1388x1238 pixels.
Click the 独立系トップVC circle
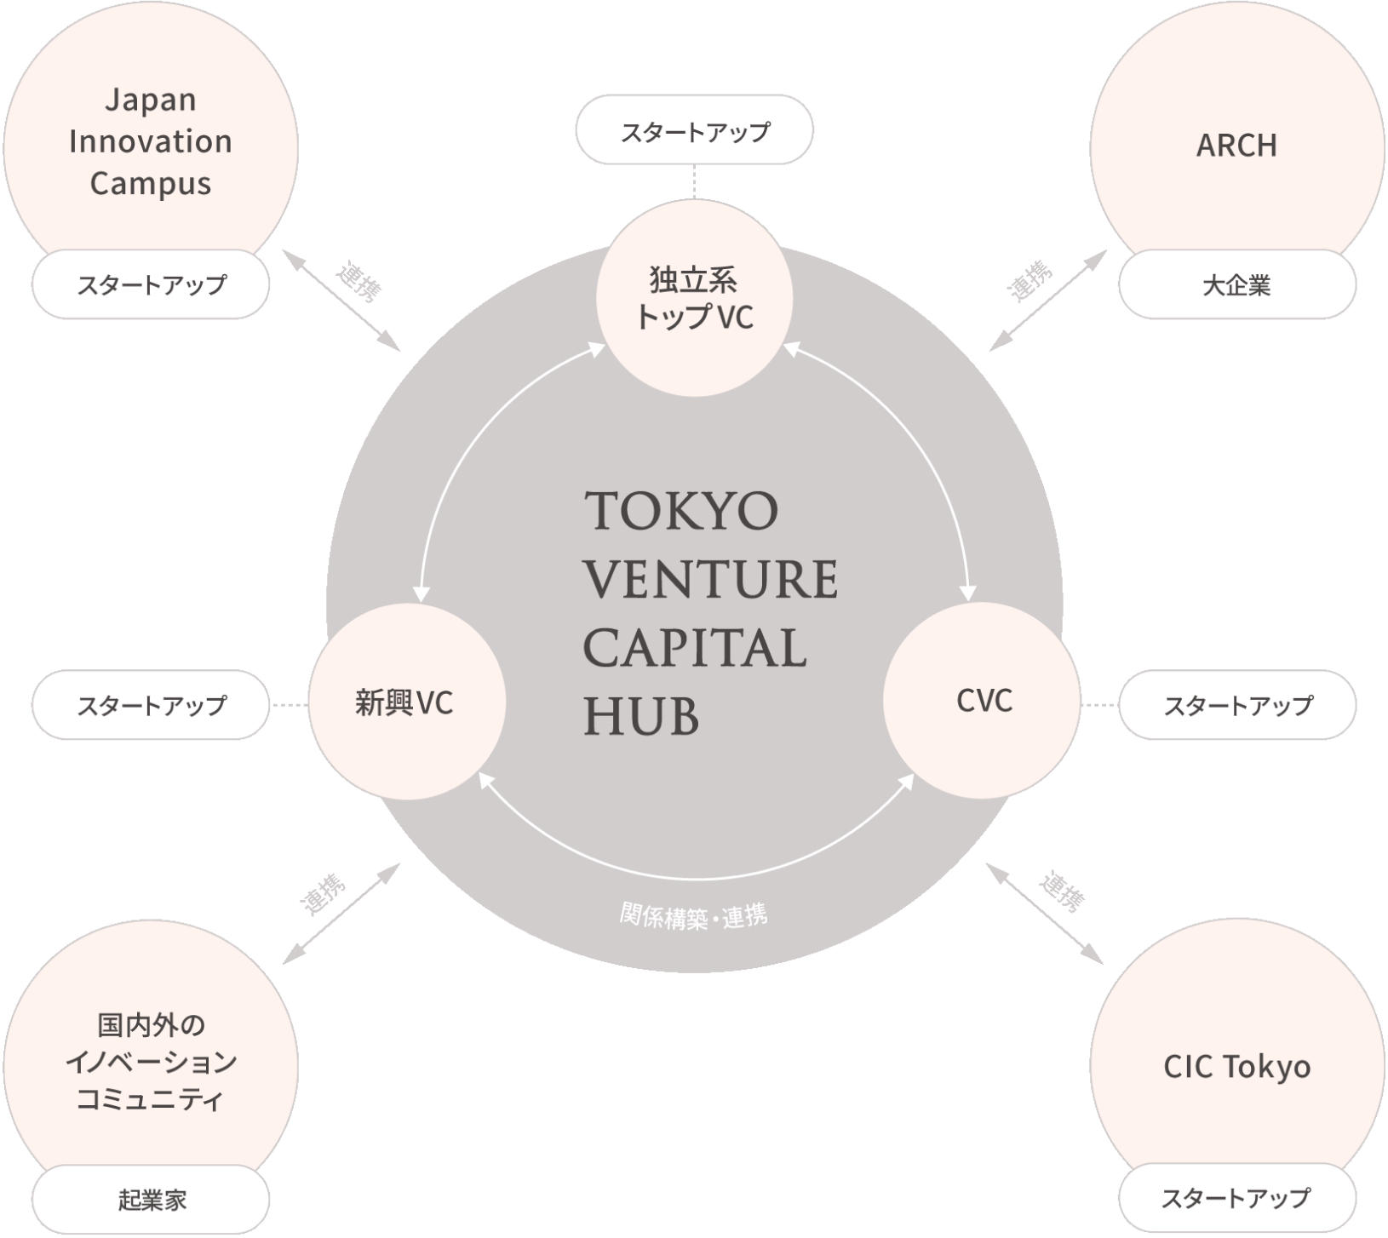(694, 298)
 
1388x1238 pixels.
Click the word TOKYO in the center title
(681, 511)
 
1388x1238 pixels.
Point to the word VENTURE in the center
(711, 579)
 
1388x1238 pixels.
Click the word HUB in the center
(641, 716)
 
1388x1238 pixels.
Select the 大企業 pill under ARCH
(1236, 285)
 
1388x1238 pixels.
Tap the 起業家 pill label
(152, 1200)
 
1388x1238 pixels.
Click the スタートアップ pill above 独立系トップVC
(695, 131)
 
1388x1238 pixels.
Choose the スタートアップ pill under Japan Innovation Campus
(152, 284)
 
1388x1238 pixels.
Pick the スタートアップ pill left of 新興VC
(152, 705)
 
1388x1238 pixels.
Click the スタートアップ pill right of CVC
(1237, 705)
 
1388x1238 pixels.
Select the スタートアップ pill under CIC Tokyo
(1236, 1198)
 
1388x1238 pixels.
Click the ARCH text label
(1236, 146)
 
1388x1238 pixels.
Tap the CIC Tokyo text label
(1236, 1067)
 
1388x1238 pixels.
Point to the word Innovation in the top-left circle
(151, 141)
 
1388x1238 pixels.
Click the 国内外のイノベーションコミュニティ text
(152, 1062)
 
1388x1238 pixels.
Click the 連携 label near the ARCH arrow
(1030, 280)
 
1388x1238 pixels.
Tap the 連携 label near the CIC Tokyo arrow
(1062, 892)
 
